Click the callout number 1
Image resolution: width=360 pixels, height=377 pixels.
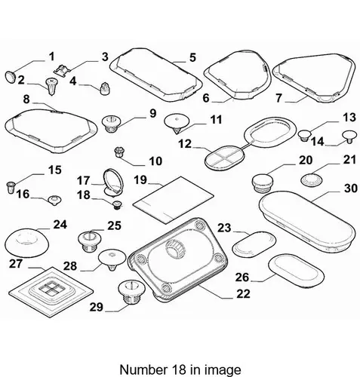(x=51, y=57)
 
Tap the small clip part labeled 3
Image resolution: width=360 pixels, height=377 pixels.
(x=63, y=69)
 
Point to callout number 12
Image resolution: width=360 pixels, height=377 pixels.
(x=185, y=144)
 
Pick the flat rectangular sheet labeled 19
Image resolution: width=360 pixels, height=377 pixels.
(x=174, y=200)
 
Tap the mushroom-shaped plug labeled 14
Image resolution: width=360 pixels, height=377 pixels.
(x=349, y=136)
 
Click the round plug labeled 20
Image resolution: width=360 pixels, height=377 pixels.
(x=263, y=182)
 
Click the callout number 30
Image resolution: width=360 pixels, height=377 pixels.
(x=351, y=188)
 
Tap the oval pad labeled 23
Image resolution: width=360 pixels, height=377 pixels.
(x=254, y=244)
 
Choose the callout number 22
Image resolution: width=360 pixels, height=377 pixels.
(x=243, y=294)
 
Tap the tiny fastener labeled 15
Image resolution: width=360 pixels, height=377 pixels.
(x=11, y=187)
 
